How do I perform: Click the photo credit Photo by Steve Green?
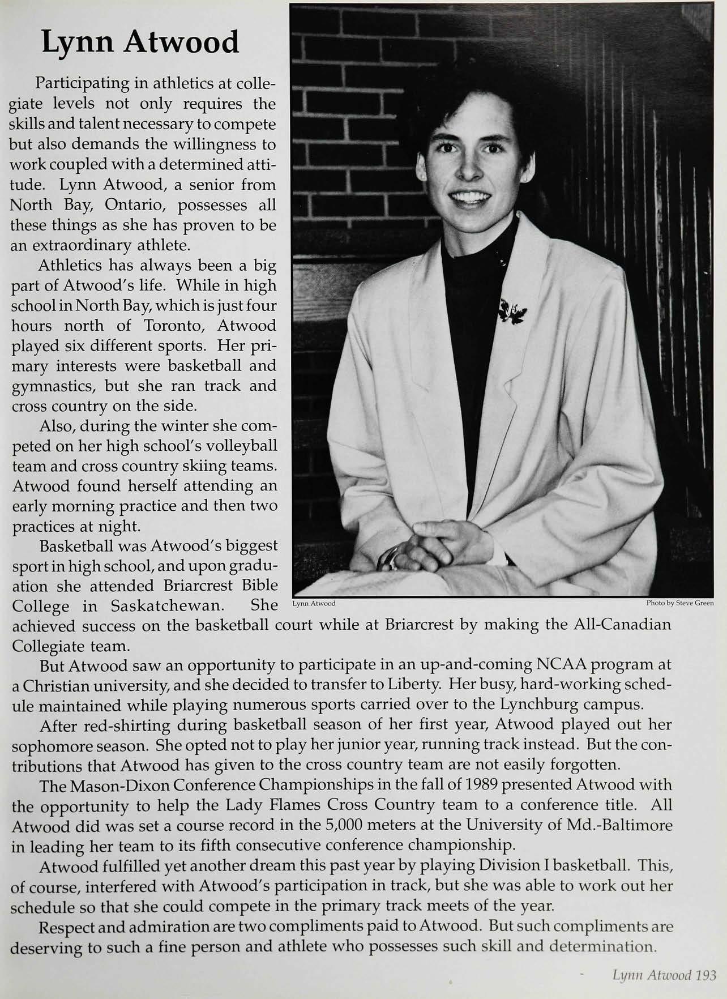(679, 603)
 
